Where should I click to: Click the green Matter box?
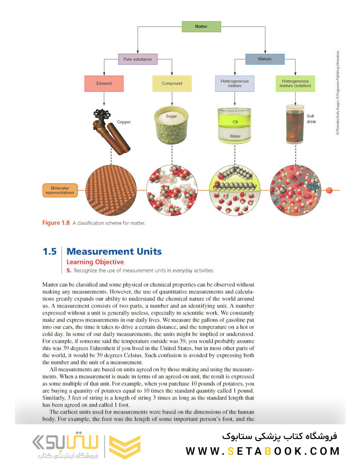click(x=201, y=26)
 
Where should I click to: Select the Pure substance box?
click(x=138, y=59)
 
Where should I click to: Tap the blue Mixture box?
click(x=265, y=59)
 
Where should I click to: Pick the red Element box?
click(x=104, y=84)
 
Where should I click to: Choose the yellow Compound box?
click(x=172, y=84)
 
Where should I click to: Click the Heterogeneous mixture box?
click(x=235, y=84)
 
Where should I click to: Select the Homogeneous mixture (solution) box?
click(x=295, y=84)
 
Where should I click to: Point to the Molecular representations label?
click(x=60, y=190)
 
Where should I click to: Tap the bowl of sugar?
click(x=171, y=125)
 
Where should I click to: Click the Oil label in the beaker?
click(x=235, y=122)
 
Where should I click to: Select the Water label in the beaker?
click(x=235, y=136)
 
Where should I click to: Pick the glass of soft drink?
click(x=295, y=124)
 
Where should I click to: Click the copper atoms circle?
click(x=111, y=190)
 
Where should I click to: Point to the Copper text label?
click(x=124, y=122)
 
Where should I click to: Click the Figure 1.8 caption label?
click(x=56, y=223)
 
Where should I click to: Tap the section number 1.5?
click(x=49, y=252)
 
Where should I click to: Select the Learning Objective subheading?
click(x=95, y=262)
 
